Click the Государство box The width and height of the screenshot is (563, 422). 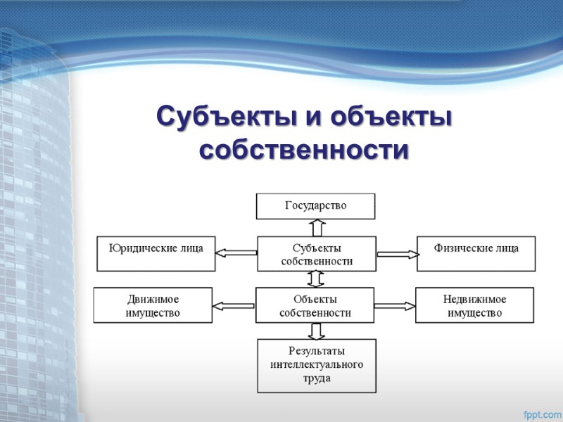pyautogui.click(x=315, y=206)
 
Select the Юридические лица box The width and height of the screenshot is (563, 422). pyautogui.click(x=156, y=254)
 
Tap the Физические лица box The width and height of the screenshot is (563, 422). pyautogui.click(x=476, y=254)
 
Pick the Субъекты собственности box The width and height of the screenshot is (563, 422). pyautogui.click(x=316, y=254)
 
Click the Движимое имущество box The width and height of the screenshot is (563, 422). pyautogui.click(x=153, y=305)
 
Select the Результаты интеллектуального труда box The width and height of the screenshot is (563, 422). pyautogui.click(x=316, y=366)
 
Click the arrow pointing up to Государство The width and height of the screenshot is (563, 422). pyautogui.click(x=317, y=227)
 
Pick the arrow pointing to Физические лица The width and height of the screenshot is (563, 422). pyautogui.click(x=396, y=254)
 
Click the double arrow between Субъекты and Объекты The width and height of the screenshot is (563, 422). pyautogui.click(x=316, y=279)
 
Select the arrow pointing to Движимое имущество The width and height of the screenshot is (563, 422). pyautogui.click(x=234, y=305)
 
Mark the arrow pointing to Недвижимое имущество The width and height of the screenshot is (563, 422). pyautogui.click(x=395, y=305)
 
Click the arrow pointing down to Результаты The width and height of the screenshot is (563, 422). pyautogui.click(x=316, y=331)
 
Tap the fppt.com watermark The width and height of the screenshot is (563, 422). pyautogui.click(x=541, y=413)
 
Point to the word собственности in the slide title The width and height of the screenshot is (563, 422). pyautogui.click(x=303, y=149)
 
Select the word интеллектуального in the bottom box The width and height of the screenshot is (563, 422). pyautogui.click(x=316, y=365)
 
